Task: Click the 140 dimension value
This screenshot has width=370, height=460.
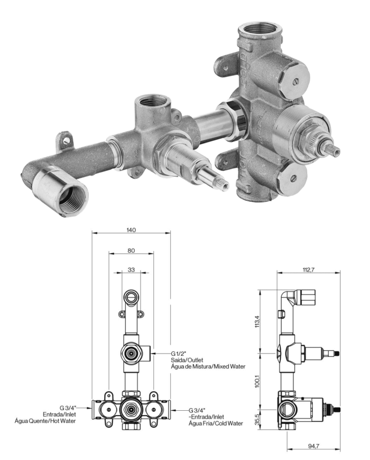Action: tap(132, 230)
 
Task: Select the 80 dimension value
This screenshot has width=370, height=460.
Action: tap(131, 251)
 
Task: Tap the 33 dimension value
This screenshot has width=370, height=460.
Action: tap(131, 269)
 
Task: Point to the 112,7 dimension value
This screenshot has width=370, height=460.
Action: tap(308, 270)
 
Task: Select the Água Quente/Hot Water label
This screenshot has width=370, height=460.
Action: tap(45, 421)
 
